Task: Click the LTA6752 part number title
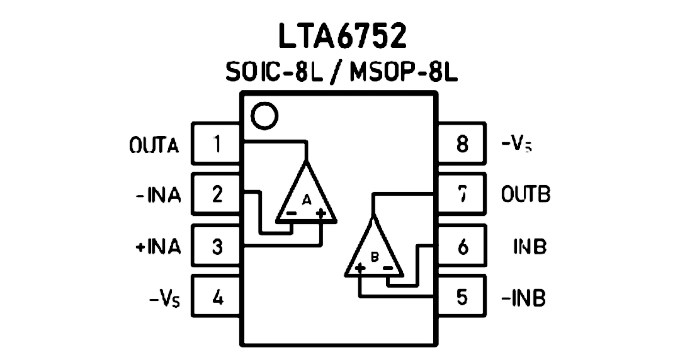pos(342,36)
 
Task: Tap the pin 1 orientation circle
pos(264,116)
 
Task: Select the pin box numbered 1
pos(217,143)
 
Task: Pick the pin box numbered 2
pos(217,194)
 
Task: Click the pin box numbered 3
pos(217,246)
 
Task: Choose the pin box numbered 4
pos(217,298)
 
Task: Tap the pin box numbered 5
pos(462,298)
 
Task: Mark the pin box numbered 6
pos(462,246)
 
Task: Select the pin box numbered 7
pos(462,194)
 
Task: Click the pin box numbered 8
pos(462,143)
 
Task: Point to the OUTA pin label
pos(154,145)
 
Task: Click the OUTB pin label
pos(526,194)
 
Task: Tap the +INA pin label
pos(158,247)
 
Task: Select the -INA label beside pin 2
pos(158,195)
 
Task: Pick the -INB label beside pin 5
pos(523,298)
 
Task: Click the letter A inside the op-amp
pos(307,200)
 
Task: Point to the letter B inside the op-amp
pos(375,257)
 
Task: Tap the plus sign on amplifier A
pos(320,213)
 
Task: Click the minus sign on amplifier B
pos(388,269)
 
